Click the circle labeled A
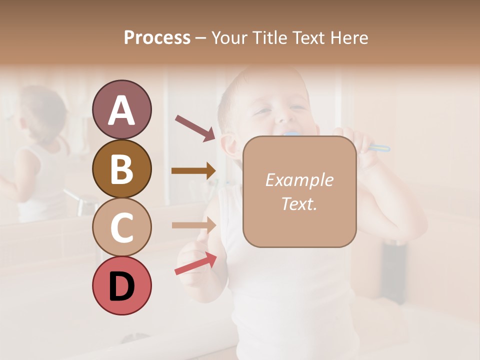click(x=121, y=109)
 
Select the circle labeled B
click(x=121, y=168)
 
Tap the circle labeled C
click(x=121, y=227)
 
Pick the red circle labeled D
click(x=121, y=285)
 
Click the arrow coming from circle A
click(x=195, y=128)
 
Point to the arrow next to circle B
click(x=193, y=171)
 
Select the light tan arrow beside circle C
click(x=193, y=225)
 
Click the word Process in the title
click(x=157, y=37)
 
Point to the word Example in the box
click(x=299, y=180)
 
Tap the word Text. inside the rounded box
click(x=299, y=203)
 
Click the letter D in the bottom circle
click(x=121, y=286)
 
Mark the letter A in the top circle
click(x=121, y=110)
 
